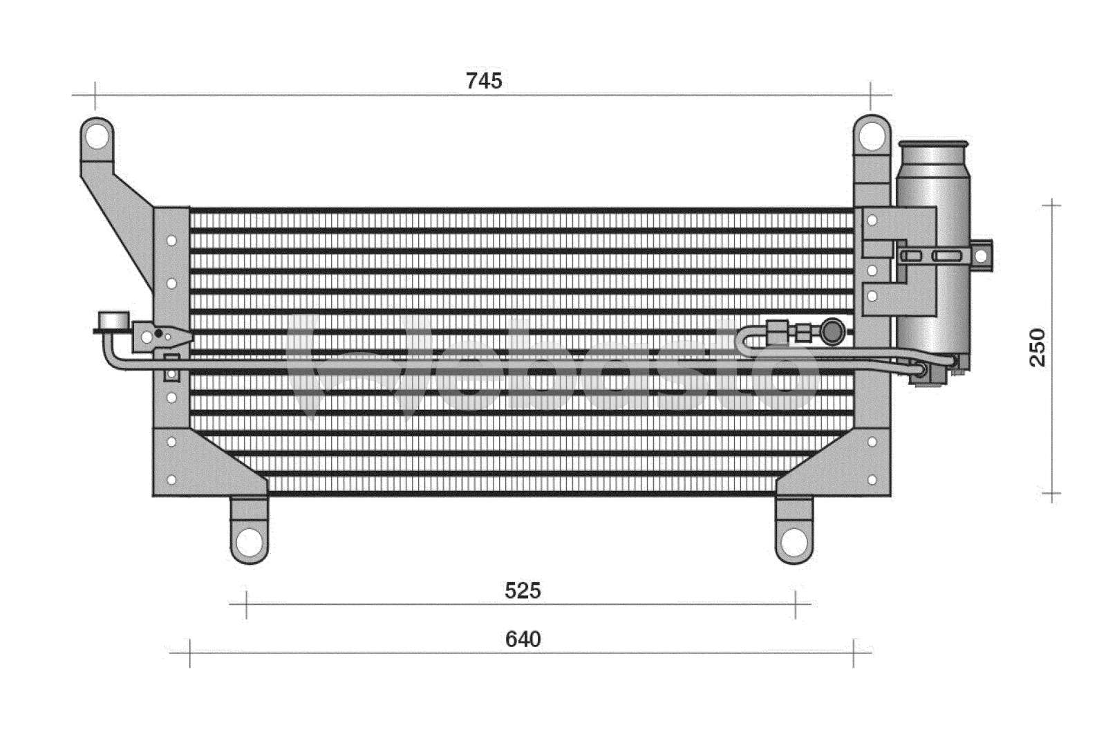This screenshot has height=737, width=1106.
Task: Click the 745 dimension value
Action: (x=484, y=80)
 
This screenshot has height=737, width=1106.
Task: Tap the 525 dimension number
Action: (x=523, y=590)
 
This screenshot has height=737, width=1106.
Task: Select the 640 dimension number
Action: (x=523, y=640)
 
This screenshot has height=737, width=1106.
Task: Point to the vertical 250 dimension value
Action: (x=1038, y=347)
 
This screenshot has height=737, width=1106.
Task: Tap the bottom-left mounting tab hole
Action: (x=249, y=542)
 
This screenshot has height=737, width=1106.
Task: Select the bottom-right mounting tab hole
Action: (x=794, y=542)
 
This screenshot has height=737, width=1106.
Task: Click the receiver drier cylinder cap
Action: (x=932, y=144)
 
